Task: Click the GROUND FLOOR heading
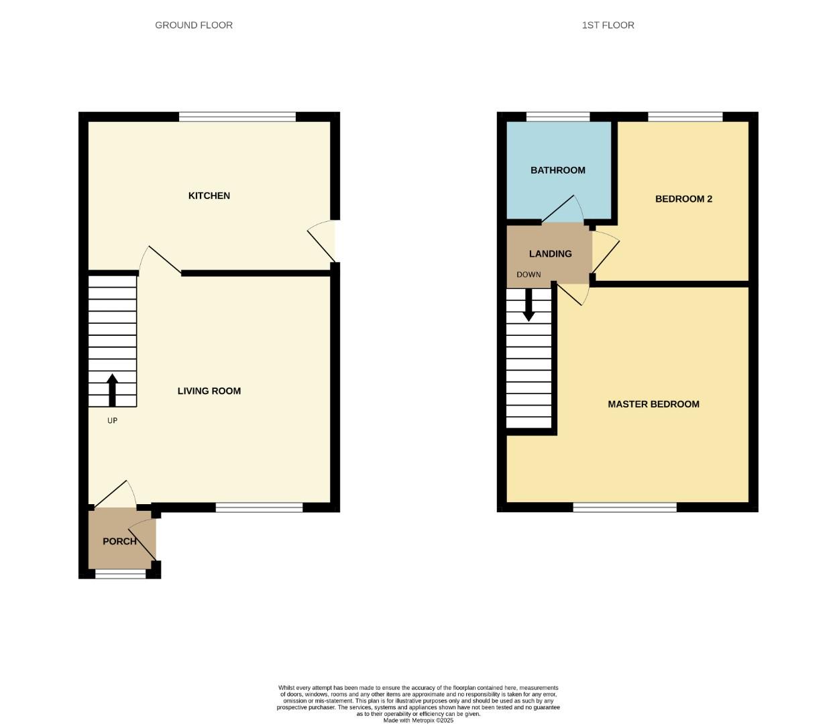pos(194,25)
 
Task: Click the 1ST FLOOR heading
pos(608,25)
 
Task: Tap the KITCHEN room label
pos(209,196)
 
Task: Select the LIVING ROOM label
pos(209,391)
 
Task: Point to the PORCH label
pos(119,541)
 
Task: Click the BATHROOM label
pos(557,170)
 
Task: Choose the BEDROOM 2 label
pos(683,199)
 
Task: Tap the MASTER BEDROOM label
pos(653,404)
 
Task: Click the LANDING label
pos(550,254)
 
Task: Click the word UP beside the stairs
pos(112,421)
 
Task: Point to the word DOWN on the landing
pos(528,275)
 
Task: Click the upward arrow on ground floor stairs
pos(112,389)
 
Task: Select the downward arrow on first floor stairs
pos(528,305)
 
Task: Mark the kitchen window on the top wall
pos(237,117)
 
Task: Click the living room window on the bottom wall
pos(259,507)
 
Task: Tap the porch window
pos(121,574)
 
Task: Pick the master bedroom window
pos(624,507)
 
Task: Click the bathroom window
pos(558,117)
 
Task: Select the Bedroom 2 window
pos(685,117)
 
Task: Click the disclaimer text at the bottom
pos(418,703)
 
